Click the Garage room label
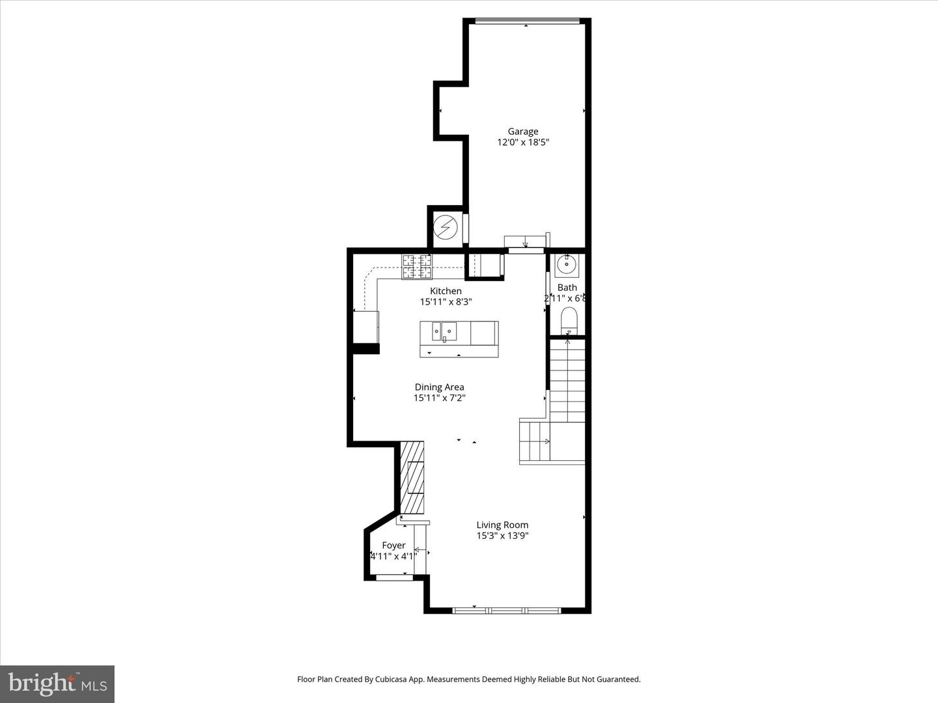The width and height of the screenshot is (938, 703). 522,131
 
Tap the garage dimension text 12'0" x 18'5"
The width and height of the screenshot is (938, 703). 522,143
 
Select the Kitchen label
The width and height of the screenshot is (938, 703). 446,291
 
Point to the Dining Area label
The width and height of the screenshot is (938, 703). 439,387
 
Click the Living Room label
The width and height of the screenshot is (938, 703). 502,525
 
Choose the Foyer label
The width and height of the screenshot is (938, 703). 393,545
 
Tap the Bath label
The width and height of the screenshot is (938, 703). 567,287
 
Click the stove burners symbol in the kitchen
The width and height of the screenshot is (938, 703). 417,267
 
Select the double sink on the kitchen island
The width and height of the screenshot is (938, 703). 444,331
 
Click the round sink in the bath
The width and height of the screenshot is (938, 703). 566,265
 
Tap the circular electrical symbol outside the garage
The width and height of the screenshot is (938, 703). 446,228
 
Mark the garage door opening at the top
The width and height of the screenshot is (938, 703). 527,21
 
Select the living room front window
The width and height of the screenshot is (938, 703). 507,611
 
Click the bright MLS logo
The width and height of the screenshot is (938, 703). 57,683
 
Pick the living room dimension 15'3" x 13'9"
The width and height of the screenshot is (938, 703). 502,536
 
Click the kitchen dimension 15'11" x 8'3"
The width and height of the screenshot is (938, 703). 446,302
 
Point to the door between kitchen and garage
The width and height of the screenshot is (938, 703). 526,249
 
